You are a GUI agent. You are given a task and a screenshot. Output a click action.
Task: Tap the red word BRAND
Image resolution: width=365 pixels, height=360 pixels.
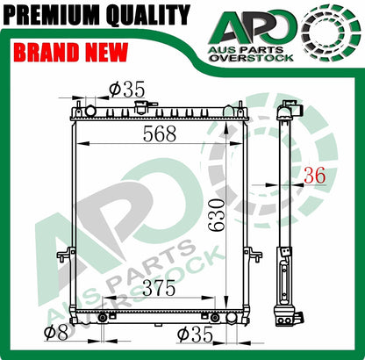(47, 52)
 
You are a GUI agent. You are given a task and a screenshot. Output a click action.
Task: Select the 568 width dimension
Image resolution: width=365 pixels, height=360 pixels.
(160, 133)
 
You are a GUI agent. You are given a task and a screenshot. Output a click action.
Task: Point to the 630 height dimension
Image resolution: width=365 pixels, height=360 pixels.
(217, 215)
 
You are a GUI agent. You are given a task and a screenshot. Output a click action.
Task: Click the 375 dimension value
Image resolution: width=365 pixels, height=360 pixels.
(160, 288)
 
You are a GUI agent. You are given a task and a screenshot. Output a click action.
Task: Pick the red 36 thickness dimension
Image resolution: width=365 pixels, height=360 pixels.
(314, 176)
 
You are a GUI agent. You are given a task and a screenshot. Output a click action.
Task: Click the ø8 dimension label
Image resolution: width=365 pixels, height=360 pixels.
(56, 333)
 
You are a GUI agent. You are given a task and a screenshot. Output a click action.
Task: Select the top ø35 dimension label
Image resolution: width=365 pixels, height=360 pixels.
(126, 90)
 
